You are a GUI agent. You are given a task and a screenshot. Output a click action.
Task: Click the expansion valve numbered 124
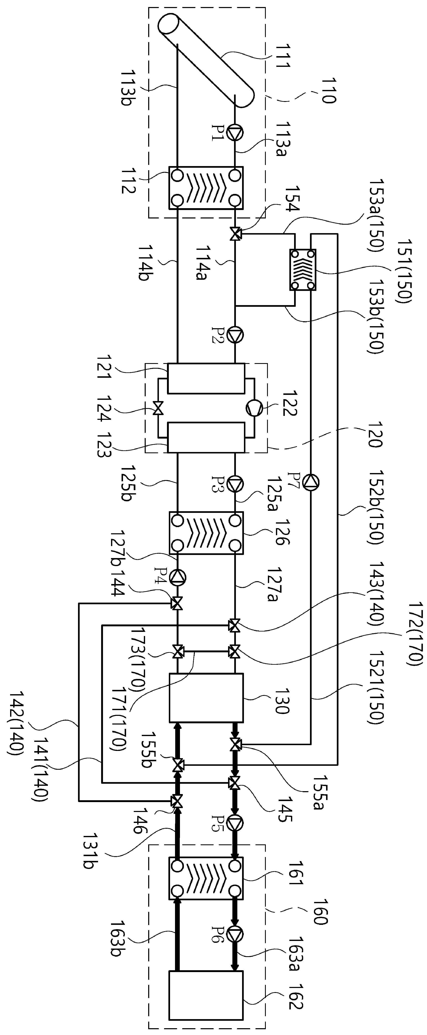(x=158, y=409)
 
